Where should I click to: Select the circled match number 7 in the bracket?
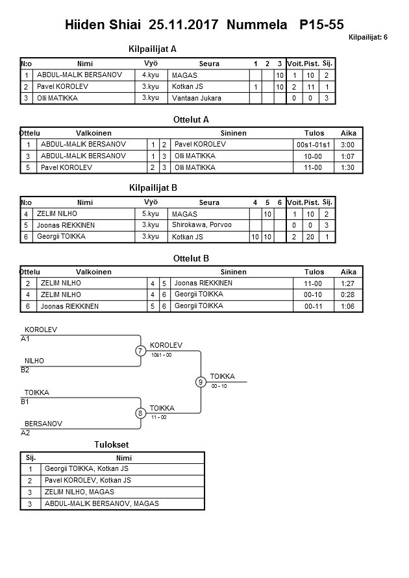140,351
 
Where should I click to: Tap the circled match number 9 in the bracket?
201,382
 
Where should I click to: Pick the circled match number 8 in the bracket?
140,413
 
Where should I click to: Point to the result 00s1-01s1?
314,145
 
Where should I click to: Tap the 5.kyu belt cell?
151,213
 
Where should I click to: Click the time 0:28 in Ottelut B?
349,295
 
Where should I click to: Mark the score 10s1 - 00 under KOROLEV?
161,355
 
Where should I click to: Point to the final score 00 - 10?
219,386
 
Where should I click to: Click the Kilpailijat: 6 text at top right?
367,38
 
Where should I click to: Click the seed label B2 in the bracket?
25,370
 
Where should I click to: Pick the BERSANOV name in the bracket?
43,424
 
